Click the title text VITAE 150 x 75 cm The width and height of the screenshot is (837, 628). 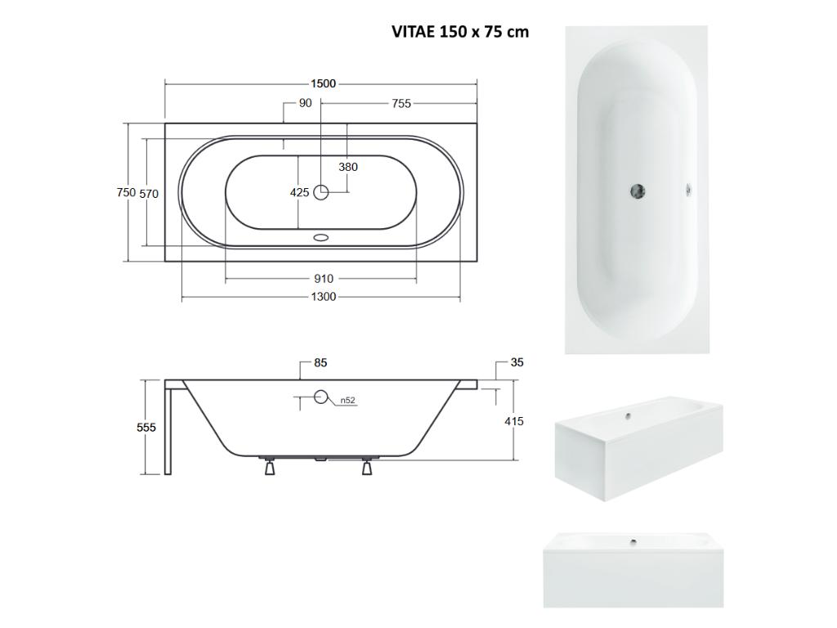[460, 32]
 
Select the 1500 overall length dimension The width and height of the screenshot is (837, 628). [324, 84]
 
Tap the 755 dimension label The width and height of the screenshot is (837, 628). [401, 104]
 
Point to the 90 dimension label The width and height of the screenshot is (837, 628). [306, 103]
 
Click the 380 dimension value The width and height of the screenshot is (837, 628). [348, 167]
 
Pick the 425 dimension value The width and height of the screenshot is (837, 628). [299, 192]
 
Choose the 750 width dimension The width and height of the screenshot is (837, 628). [126, 192]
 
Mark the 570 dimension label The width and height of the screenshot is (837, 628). [149, 194]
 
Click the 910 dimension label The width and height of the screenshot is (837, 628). [324, 279]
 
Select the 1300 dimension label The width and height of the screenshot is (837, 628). [324, 297]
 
